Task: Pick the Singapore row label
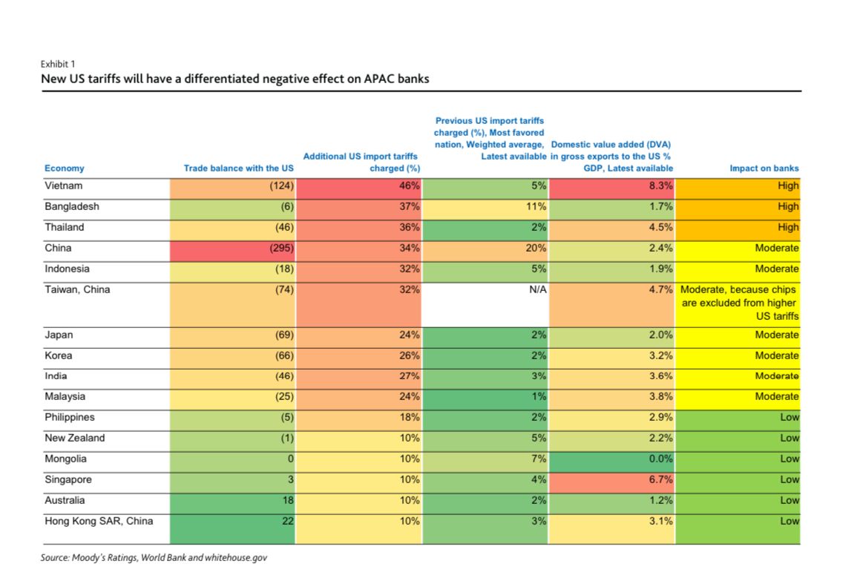point(68,480)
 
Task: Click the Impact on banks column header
point(764,168)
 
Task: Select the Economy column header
point(65,168)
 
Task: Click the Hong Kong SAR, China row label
point(99,522)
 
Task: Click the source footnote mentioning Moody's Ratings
point(154,557)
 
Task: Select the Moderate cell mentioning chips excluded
point(738,303)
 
